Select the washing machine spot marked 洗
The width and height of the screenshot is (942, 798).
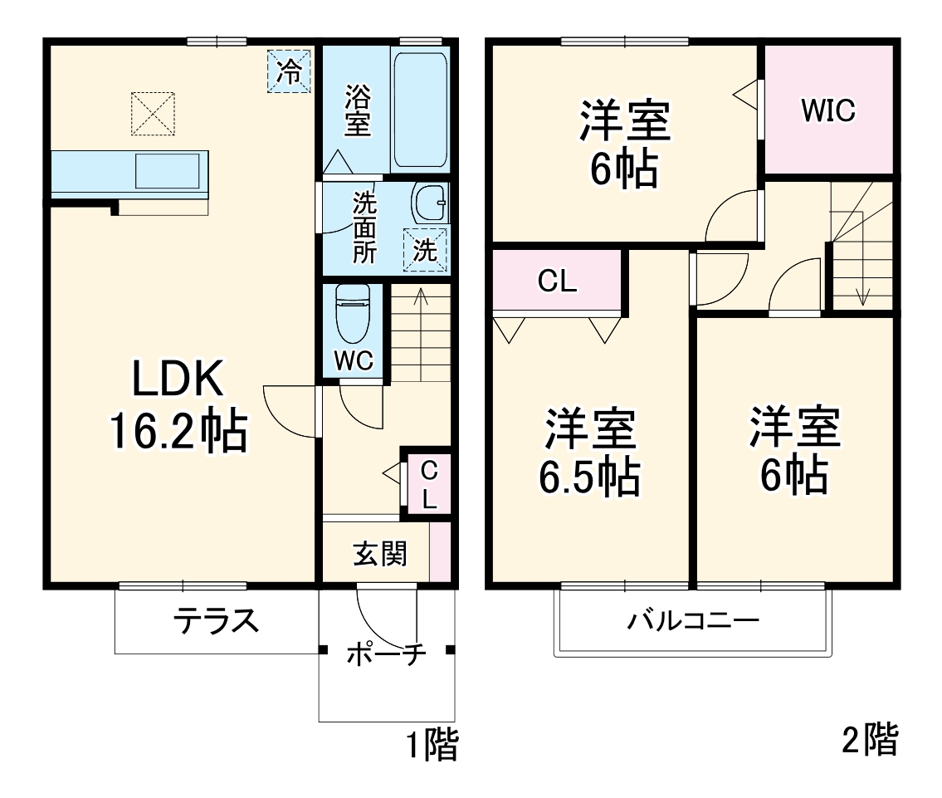pos(425,250)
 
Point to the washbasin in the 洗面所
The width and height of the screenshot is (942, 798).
pos(429,202)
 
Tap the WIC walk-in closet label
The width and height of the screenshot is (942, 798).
pos(827,110)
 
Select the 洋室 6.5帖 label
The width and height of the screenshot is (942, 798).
pos(591,452)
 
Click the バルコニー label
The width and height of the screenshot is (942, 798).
pos(692,621)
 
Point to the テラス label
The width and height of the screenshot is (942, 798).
pos(216,621)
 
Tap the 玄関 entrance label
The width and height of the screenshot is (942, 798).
pos(381,553)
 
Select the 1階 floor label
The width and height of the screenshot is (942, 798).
pos(431,745)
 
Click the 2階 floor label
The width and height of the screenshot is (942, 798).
pos(869,739)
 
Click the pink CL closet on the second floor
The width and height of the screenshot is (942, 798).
pos(557,282)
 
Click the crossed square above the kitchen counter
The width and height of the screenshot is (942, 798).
pos(153,113)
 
